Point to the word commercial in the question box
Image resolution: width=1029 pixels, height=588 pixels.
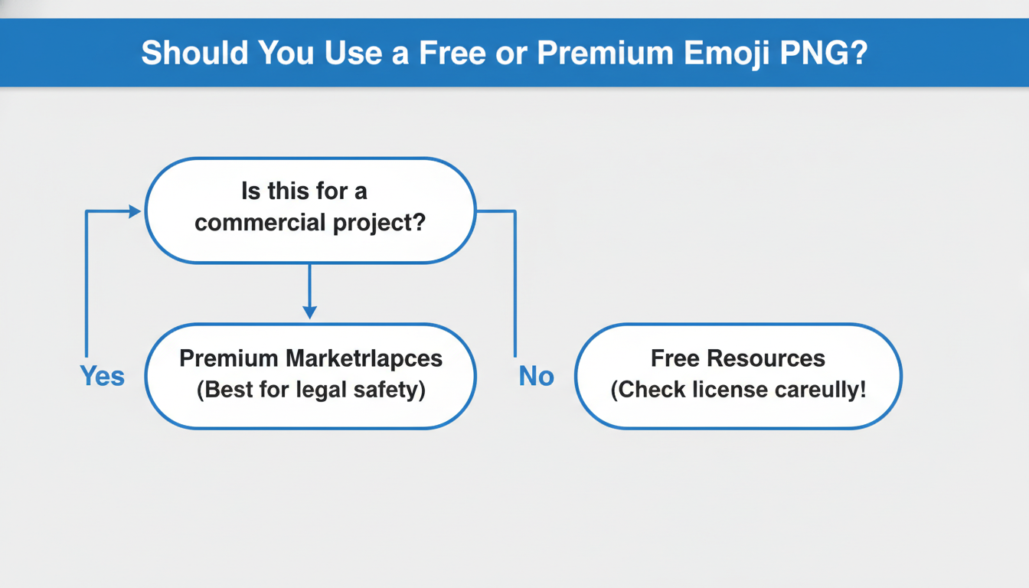(x=260, y=223)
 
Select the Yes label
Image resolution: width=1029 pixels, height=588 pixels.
(x=102, y=376)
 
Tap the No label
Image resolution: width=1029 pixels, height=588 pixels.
(x=536, y=376)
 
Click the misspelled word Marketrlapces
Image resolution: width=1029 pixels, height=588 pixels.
(x=364, y=358)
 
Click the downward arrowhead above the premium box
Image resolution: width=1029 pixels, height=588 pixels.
(x=309, y=312)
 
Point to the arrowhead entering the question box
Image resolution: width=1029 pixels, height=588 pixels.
(x=135, y=211)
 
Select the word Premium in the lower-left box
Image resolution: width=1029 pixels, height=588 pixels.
(x=228, y=358)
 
